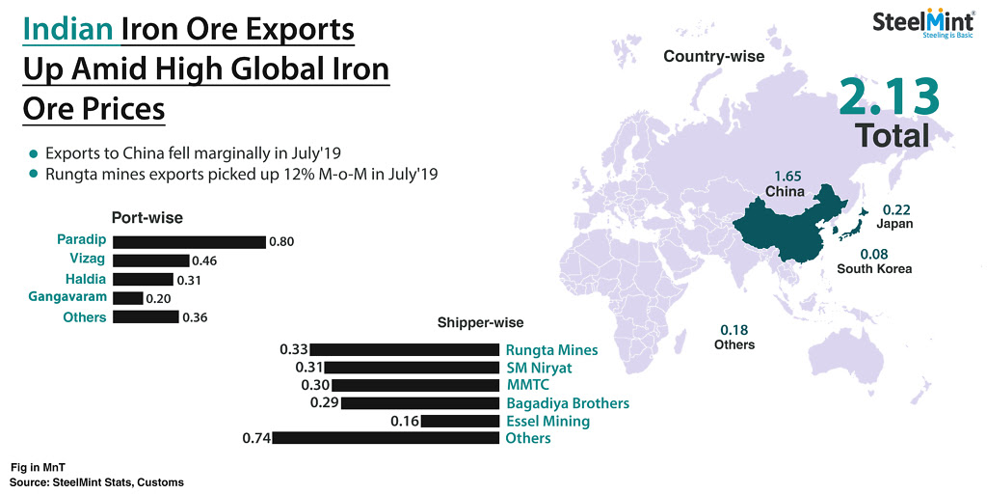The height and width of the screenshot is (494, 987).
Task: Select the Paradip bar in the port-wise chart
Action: point(189,242)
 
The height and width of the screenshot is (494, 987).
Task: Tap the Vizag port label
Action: point(88,261)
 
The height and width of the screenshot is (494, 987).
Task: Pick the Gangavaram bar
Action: point(128,298)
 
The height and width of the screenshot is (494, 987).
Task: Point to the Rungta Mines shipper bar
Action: point(405,350)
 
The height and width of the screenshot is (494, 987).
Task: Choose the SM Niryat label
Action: point(539,368)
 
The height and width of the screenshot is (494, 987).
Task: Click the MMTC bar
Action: point(412,385)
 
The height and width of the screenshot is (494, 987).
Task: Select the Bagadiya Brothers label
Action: point(568,403)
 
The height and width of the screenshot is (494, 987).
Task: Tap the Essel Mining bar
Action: point(461,421)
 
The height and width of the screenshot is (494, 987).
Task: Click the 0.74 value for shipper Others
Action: point(255,439)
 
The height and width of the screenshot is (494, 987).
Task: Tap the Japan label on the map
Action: point(894,224)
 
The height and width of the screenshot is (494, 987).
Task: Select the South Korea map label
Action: point(874,269)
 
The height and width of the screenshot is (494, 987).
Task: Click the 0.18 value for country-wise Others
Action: point(734,329)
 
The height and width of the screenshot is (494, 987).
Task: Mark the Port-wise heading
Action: point(147,218)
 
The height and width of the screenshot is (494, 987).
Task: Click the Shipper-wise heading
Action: point(481,322)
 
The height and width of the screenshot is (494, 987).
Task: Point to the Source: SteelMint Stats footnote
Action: point(96,480)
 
